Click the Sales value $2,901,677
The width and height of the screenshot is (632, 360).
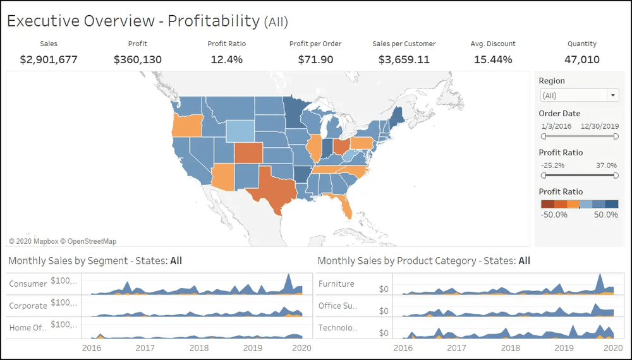(49, 60)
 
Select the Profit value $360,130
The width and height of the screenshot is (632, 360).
(138, 60)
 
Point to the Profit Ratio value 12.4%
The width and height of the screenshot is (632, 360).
(226, 60)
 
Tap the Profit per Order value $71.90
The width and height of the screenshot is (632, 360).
(315, 60)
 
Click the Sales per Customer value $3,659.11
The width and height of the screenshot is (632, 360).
(404, 60)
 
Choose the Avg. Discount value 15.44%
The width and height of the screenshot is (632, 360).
(493, 60)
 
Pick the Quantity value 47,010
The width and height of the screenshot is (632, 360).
(582, 60)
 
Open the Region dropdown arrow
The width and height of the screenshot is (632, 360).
(612, 95)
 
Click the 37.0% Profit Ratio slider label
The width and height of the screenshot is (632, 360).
(605, 165)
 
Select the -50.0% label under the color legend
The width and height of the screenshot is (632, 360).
(554, 215)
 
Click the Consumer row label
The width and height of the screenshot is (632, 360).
(28, 284)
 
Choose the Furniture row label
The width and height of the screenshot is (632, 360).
(336, 284)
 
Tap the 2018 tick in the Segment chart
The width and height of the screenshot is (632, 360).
(199, 348)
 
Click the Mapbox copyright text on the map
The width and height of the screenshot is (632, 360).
(63, 241)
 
